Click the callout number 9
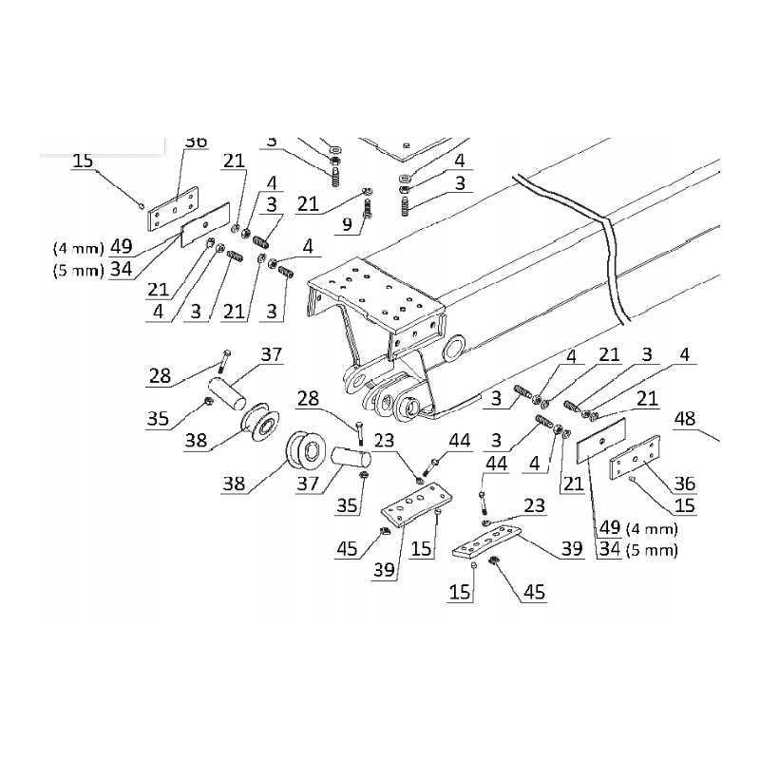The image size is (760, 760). point(347,224)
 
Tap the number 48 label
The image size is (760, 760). point(686,419)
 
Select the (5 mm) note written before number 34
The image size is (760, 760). point(77,270)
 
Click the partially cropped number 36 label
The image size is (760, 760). point(195,142)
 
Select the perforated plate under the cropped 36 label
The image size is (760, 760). point(174,209)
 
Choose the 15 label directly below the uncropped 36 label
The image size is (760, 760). point(685,506)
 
